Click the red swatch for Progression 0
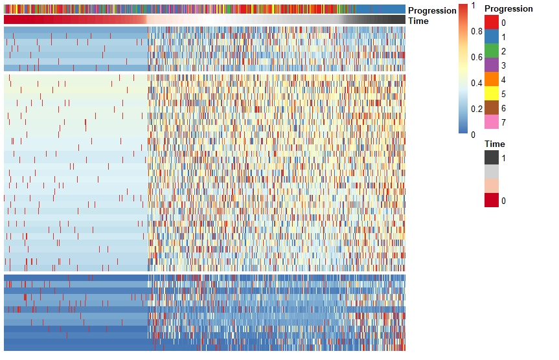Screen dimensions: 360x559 point(492,22)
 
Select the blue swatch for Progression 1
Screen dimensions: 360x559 point(492,36)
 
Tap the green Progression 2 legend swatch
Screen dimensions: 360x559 point(492,51)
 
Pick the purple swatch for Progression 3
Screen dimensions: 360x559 point(492,65)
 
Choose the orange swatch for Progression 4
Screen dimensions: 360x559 point(492,79)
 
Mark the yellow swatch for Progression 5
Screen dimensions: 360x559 point(492,93)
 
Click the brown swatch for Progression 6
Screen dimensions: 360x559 point(492,107)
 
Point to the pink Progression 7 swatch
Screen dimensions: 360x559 point(492,122)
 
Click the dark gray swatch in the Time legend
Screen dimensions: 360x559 point(492,157)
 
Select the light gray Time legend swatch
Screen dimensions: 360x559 point(492,172)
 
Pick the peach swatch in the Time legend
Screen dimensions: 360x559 point(492,186)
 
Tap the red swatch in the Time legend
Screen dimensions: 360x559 point(492,200)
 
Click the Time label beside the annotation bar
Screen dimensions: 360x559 point(418,21)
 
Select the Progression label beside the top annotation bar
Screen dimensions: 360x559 point(432,10)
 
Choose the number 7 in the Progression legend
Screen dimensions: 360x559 point(503,122)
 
